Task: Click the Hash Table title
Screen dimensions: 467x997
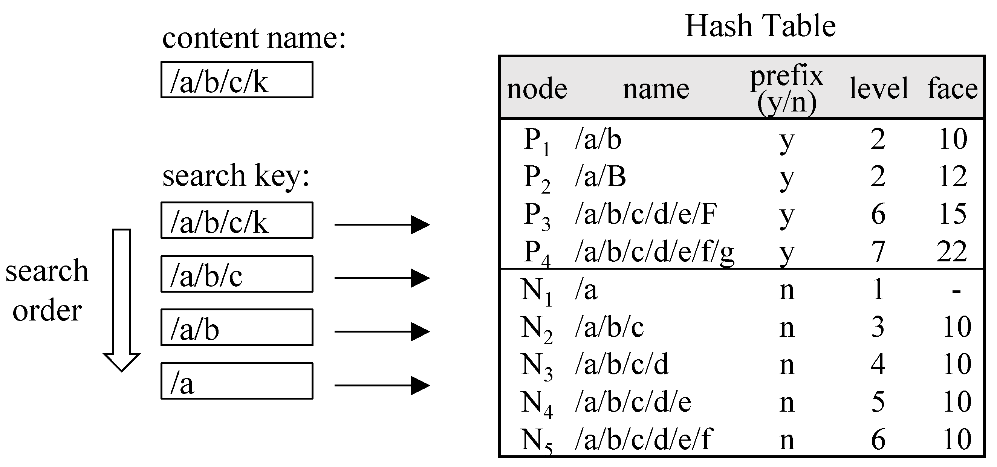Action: click(x=760, y=26)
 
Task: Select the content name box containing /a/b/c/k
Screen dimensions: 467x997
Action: click(x=237, y=80)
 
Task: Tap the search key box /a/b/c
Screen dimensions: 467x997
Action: click(x=237, y=274)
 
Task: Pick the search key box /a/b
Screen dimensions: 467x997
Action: click(x=237, y=327)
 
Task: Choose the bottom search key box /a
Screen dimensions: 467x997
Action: click(x=237, y=381)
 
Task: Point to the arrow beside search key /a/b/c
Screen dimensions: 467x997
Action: click(x=382, y=278)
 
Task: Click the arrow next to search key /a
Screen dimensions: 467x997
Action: click(x=382, y=385)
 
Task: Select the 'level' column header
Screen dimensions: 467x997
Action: click(x=879, y=89)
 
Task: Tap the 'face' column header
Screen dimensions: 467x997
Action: click(x=953, y=89)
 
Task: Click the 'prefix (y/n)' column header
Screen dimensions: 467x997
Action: click(x=786, y=89)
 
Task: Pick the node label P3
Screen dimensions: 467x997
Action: click(x=537, y=216)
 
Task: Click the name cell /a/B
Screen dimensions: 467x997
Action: click(x=600, y=177)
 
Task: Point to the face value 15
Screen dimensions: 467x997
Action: click(x=953, y=214)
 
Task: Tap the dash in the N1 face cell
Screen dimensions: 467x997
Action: click(x=956, y=291)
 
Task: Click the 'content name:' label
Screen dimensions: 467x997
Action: click(x=254, y=39)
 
